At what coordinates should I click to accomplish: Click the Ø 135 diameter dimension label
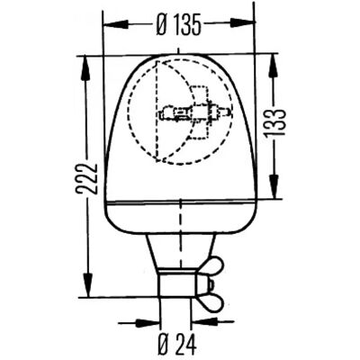pos(178,24)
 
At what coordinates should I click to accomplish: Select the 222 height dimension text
pos(86,179)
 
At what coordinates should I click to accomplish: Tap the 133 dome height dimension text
pos(275,122)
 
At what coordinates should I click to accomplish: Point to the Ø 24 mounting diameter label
pos(177,344)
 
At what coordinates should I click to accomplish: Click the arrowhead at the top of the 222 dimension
pos(85,68)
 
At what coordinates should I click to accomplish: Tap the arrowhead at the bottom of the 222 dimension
pos(87,285)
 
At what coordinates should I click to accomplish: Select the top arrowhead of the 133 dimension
pos(274,67)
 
